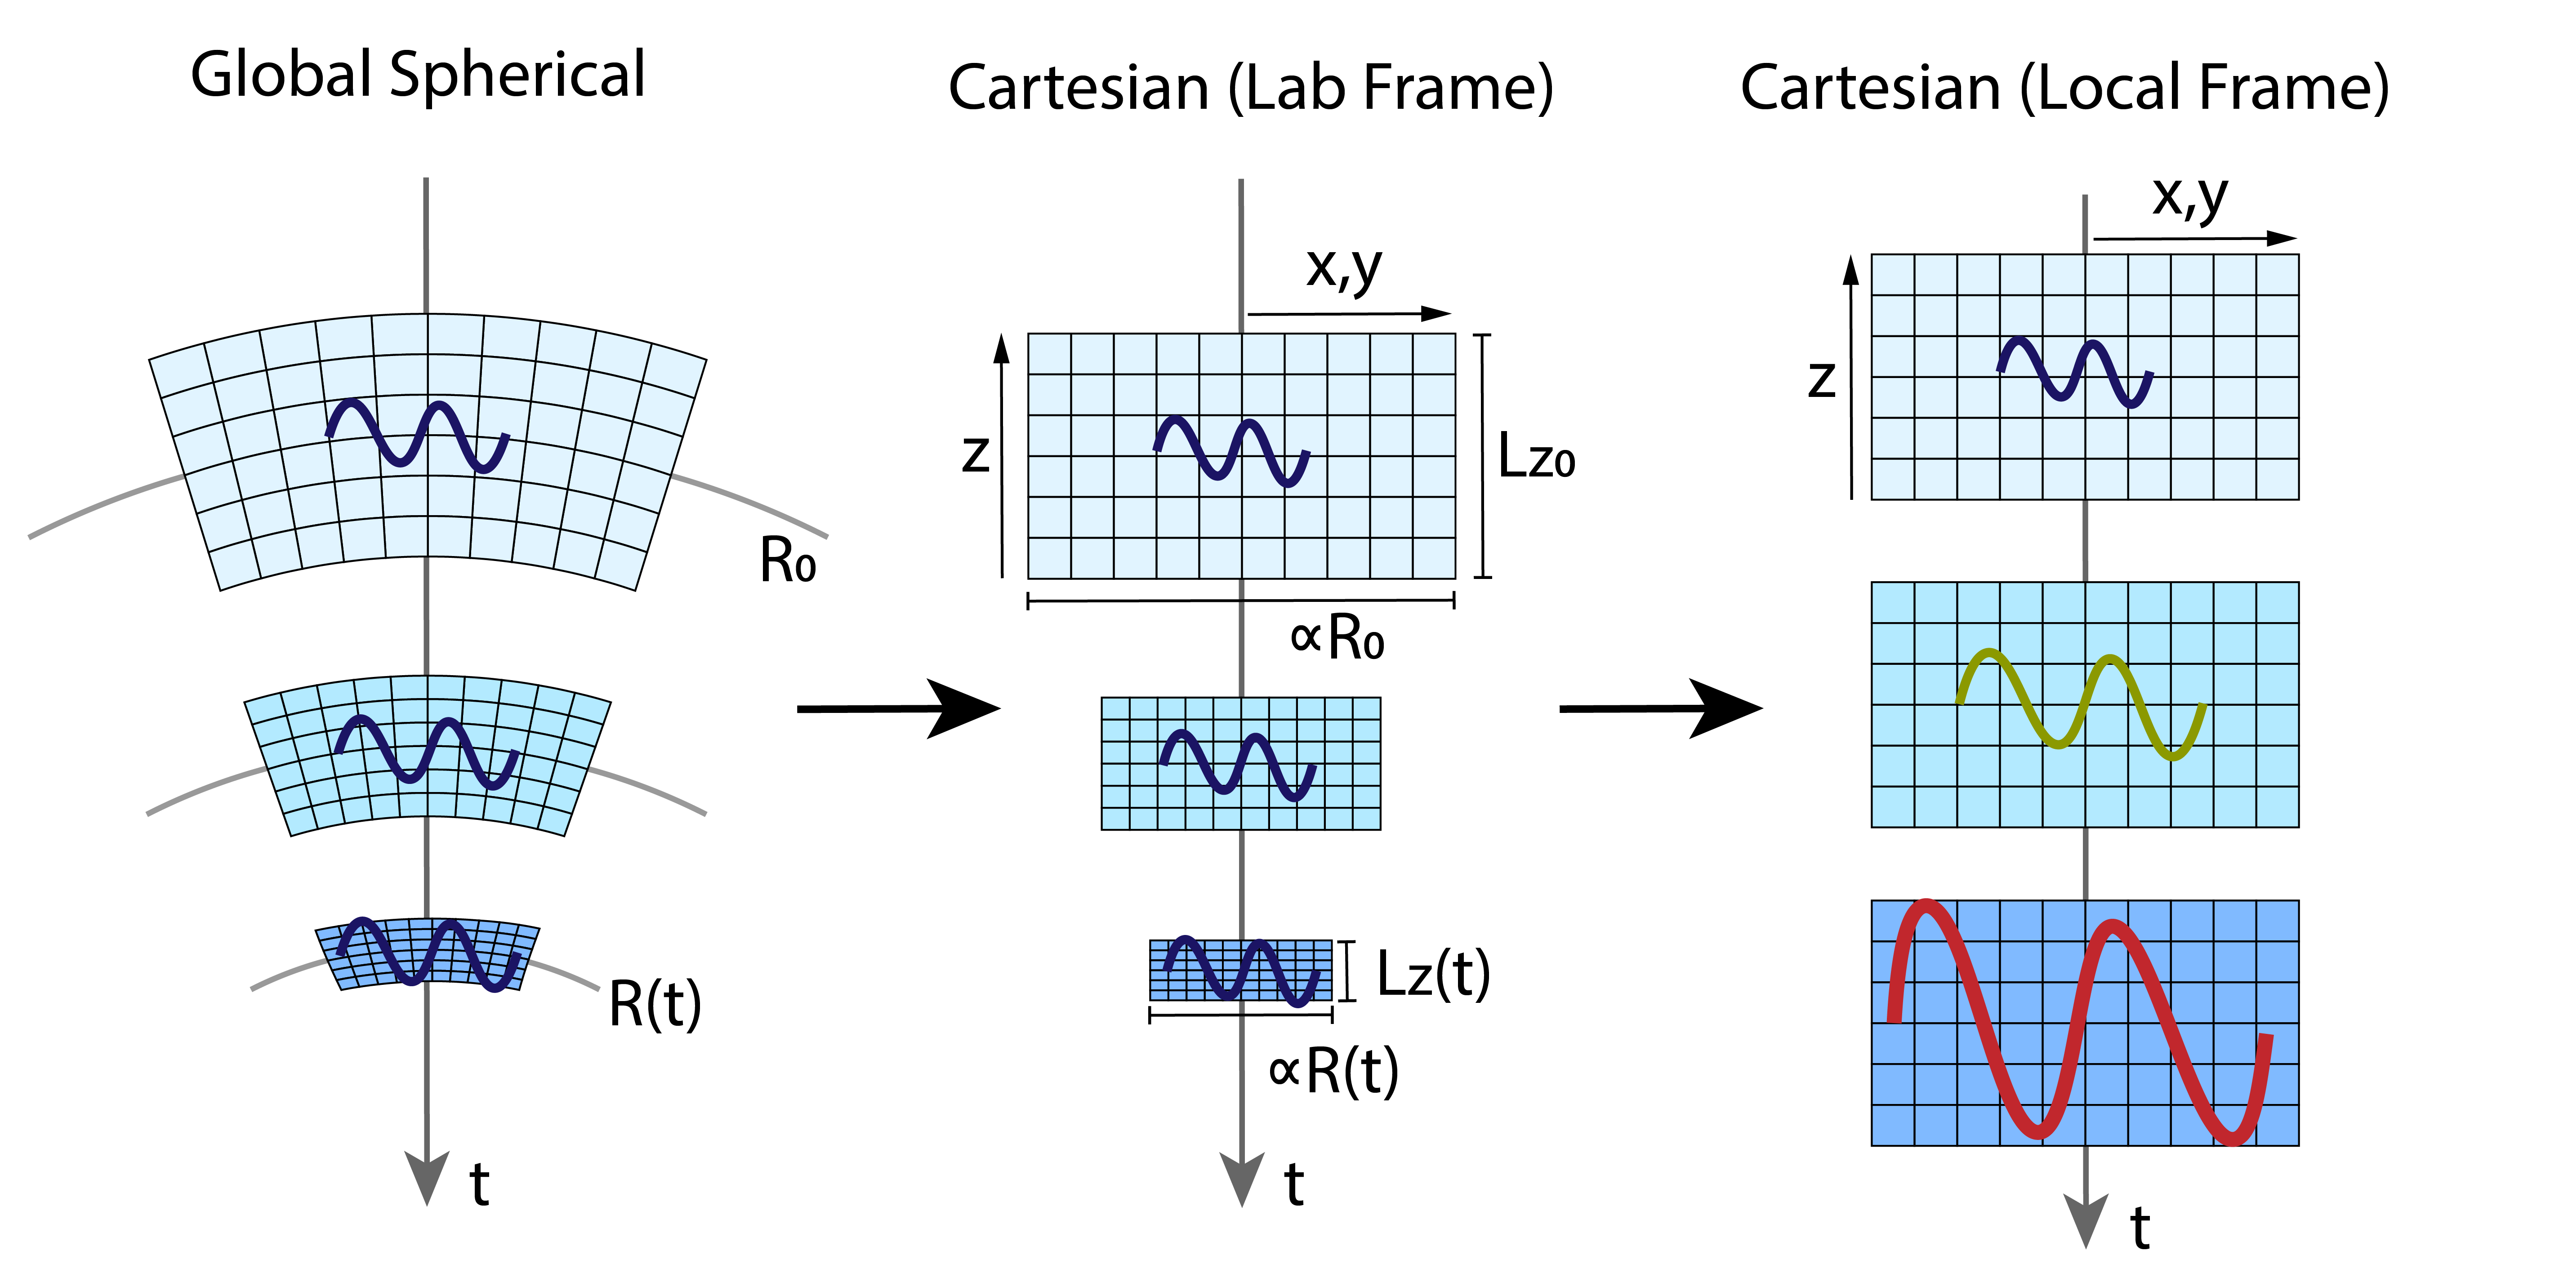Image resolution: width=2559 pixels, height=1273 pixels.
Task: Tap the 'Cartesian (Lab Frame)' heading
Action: coord(1251,89)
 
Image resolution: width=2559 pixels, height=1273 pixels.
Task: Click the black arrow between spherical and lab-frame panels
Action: coord(898,709)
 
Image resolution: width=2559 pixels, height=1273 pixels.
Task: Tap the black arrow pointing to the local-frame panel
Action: coord(1661,709)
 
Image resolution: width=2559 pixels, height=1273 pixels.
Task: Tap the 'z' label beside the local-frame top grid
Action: coord(1822,380)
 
